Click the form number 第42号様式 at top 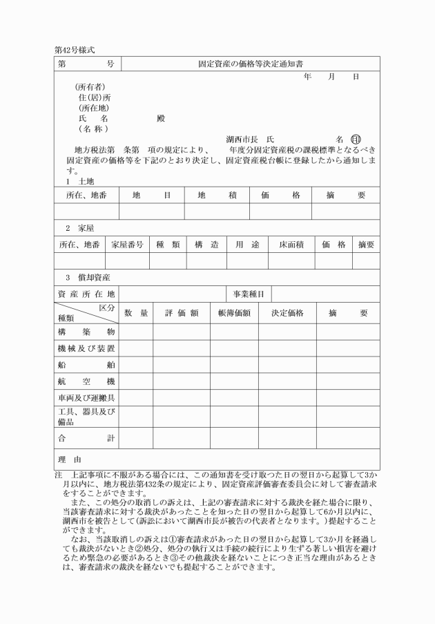(73, 50)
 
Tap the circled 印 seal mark (356, 139)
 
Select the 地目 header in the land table (151, 195)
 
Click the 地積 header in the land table (216, 195)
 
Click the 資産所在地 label (86, 294)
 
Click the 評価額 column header (182, 313)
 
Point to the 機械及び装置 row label (86, 348)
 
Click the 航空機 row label (86, 381)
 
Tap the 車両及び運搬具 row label (86, 399)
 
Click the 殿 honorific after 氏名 (161, 118)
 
